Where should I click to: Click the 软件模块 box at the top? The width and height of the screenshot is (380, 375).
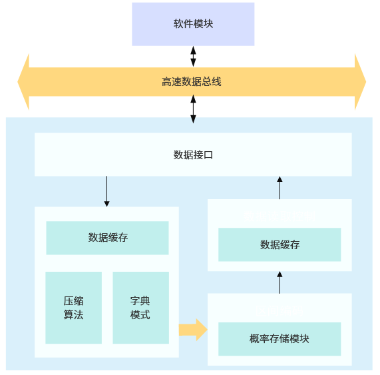tap(193, 24)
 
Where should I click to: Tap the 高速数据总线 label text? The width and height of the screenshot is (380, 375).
tap(191, 82)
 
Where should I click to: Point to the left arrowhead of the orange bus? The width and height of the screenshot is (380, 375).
tap(23, 82)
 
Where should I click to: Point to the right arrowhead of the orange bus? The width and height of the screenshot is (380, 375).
tap(360, 82)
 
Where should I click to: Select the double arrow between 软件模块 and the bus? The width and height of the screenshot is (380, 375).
tap(193, 56)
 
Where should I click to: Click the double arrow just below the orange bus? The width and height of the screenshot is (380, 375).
tap(193, 109)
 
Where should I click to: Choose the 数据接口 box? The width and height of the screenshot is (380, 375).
tap(193, 155)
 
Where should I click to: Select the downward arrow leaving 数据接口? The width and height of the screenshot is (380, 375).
tap(106, 191)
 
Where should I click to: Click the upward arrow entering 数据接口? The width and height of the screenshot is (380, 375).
tap(280, 187)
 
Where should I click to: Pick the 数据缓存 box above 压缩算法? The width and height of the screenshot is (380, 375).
tap(107, 238)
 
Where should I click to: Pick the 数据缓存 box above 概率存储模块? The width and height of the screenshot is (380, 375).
tap(280, 244)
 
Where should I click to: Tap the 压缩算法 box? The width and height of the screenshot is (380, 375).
tap(73, 307)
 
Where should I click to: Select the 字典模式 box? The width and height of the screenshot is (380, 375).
tap(140, 307)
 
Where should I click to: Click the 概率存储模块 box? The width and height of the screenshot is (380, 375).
tap(280, 339)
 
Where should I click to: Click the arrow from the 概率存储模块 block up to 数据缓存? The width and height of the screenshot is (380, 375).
tap(280, 282)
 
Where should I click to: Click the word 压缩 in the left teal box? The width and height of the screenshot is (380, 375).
tap(73, 300)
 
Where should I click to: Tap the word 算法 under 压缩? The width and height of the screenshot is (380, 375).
tap(73, 315)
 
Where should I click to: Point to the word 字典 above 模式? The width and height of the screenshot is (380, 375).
tap(140, 300)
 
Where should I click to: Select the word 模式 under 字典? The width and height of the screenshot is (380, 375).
tap(140, 315)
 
